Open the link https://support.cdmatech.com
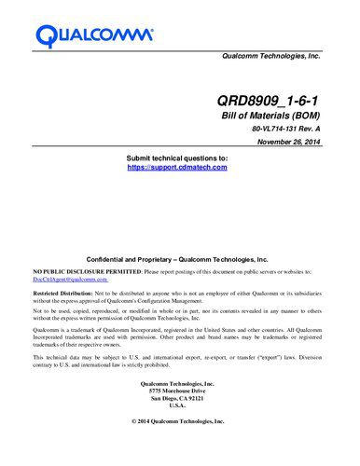pos(177,168)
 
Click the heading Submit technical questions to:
pos(177,159)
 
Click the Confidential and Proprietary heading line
pos(177,258)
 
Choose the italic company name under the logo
pos(270,57)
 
